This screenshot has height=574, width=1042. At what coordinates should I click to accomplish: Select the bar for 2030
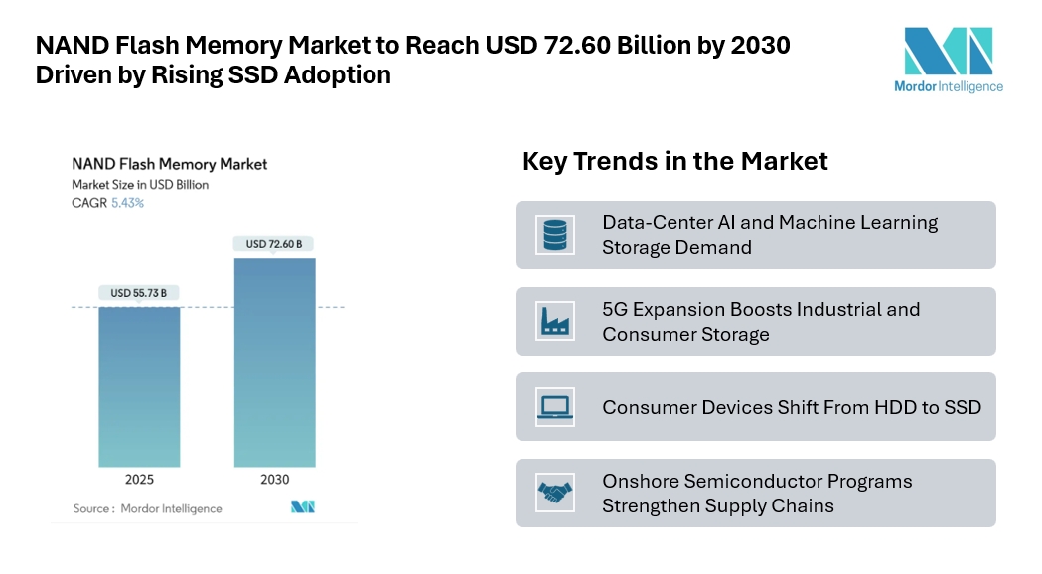(x=274, y=362)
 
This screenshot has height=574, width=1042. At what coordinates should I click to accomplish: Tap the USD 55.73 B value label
(x=139, y=293)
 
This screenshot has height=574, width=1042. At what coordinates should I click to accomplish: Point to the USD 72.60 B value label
(x=274, y=244)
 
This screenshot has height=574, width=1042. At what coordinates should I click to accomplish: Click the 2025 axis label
(x=139, y=480)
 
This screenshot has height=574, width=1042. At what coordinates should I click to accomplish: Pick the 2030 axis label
(x=274, y=480)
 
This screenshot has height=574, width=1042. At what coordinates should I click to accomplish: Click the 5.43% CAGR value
(x=127, y=203)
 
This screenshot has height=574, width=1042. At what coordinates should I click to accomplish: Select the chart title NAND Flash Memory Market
(x=169, y=164)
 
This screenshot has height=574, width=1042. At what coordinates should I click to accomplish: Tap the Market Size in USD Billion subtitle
(x=140, y=185)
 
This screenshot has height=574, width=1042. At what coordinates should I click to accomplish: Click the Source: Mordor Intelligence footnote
(x=147, y=508)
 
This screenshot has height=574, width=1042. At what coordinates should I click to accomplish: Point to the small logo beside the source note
(x=303, y=507)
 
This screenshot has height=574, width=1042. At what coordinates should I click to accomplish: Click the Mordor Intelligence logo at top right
(x=948, y=59)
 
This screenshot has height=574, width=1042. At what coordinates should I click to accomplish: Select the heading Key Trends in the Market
(x=674, y=161)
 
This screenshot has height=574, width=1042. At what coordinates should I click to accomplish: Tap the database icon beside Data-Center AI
(x=552, y=235)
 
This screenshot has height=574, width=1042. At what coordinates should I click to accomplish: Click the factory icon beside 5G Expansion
(x=552, y=321)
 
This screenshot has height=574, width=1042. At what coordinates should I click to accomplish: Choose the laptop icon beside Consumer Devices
(x=552, y=406)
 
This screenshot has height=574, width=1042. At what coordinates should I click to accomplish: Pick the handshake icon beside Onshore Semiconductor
(x=552, y=493)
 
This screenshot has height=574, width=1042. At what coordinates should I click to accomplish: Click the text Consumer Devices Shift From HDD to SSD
(x=792, y=407)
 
